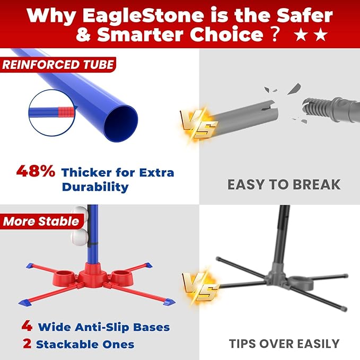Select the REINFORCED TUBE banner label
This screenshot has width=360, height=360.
click(58, 65)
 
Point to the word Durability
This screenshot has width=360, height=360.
click(95, 187)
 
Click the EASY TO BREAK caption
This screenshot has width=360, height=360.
click(284, 185)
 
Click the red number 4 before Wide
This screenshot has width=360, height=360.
click(27, 326)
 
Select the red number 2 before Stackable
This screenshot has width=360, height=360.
click(27, 344)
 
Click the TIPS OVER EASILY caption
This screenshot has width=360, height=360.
click(284, 344)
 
